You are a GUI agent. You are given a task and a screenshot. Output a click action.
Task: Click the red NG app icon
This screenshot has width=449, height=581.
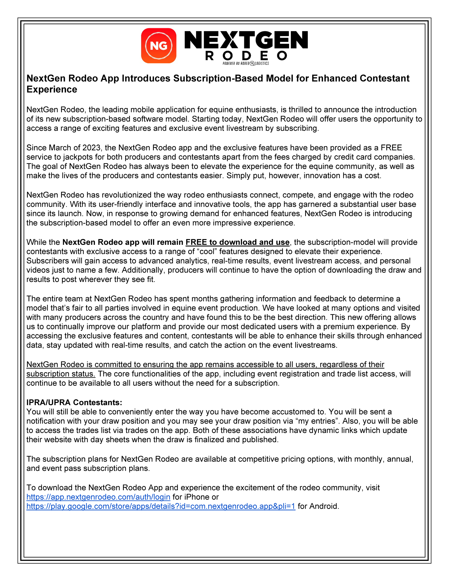[x=159, y=46]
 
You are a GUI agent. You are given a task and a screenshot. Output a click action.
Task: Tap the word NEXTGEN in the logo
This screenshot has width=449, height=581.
[x=246, y=40]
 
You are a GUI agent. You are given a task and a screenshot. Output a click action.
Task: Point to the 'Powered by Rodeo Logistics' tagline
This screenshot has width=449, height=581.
[x=246, y=63]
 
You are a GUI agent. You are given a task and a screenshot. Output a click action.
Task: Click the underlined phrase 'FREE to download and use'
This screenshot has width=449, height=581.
[x=237, y=242]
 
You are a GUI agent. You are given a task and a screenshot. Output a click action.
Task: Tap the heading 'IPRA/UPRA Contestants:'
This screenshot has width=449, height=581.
[x=74, y=402]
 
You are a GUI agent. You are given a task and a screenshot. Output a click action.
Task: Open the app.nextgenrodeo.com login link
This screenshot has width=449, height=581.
[x=98, y=497]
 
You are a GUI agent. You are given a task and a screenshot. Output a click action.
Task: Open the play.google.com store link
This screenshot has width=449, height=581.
[x=161, y=506]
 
